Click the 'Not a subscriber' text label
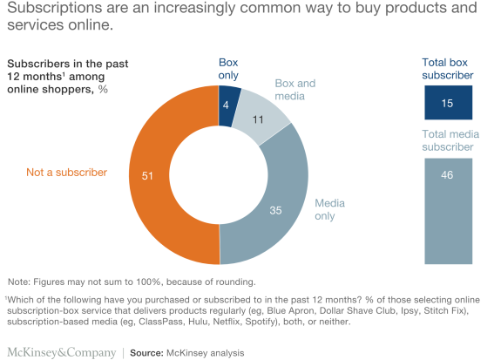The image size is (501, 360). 68,173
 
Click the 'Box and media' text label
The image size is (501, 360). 295,90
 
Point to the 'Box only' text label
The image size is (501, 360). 227,70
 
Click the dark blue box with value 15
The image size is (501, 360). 448,104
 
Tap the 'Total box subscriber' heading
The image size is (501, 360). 448,70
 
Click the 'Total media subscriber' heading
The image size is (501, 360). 448,141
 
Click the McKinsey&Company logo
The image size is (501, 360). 61,352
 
